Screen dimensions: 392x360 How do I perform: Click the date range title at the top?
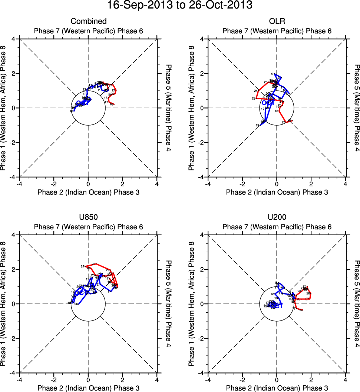click(180, 6)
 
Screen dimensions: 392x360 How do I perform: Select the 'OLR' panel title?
click(277, 21)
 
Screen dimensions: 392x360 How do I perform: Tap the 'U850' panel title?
click(88, 217)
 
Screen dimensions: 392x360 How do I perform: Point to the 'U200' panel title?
click(277, 217)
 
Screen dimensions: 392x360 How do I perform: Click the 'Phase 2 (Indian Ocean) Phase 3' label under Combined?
click(88, 192)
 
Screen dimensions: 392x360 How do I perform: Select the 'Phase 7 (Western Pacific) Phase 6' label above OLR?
click(277, 31)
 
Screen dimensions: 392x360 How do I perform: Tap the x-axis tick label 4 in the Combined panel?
click(157, 183)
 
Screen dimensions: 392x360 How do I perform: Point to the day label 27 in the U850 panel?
click(83, 266)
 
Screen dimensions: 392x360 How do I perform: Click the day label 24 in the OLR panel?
click(255, 91)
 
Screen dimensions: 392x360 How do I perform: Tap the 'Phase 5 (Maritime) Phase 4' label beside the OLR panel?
click(356, 108)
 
